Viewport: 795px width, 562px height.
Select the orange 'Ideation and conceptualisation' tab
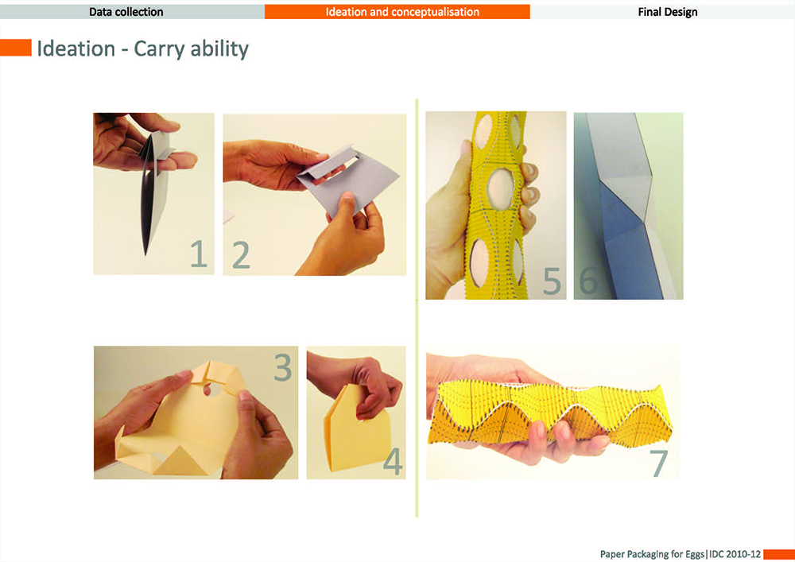click(x=397, y=12)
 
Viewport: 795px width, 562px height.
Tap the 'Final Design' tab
click(x=663, y=12)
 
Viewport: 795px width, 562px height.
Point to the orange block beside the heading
click(x=16, y=48)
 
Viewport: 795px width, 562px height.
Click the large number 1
click(x=199, y=254)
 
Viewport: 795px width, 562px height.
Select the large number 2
click(x=242, y=255)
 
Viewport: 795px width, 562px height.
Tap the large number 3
click(x=283, y=367)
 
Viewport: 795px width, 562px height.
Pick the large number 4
click(x=393, y=461)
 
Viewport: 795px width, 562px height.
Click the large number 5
click(x=553, y=281)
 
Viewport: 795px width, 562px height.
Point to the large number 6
click(x=588, y=281)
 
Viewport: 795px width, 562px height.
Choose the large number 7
click(x=658, y=463)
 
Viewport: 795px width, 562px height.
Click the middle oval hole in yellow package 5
click(x=500, y=188)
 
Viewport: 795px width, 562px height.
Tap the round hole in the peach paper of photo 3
click(x=214, y=390)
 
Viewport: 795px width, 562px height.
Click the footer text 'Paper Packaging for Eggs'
click(x=652, y=554)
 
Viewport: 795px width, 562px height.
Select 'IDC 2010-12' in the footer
click(x=735, y=554)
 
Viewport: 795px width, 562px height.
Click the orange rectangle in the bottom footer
click(x=779, y=554)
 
